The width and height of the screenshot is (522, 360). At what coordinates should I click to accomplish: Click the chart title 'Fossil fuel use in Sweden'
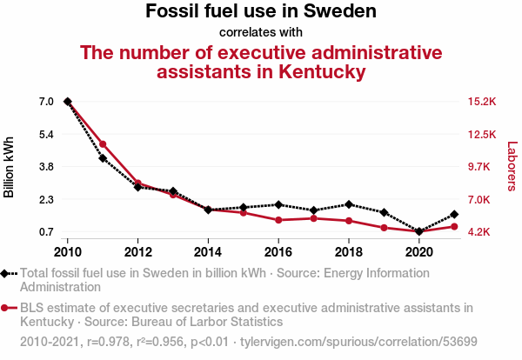[x=261, y=10]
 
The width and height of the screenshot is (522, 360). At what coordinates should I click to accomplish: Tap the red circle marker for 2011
[x=103, y=144]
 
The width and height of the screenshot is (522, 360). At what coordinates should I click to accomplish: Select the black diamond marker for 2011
[x=103, y=158]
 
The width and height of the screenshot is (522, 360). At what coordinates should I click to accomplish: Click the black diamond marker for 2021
[x=454, y=215]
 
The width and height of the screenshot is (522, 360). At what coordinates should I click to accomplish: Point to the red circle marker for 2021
[x=454, y=227]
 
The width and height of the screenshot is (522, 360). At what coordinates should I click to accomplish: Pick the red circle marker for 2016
[x=278, y=220]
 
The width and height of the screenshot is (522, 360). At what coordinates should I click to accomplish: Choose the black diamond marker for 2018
[x=349, y=204]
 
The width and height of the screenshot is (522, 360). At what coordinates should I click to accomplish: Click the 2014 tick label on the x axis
[x=208, y=252]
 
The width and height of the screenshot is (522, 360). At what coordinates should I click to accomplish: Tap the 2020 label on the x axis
[x=418, y=252]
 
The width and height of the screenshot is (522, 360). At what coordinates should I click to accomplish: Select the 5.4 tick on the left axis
[x=47, y=135]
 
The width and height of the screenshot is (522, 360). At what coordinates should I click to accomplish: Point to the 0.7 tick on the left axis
[x=47, y=231]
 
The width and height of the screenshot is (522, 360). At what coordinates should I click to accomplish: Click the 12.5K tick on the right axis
[x=482, y=135]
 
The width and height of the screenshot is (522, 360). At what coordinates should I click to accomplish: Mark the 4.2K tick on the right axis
[x=478, y=231]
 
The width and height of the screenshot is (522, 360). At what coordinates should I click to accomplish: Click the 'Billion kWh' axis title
[x=9, y=167]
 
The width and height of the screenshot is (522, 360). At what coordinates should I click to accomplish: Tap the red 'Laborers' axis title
[x=512, y=166]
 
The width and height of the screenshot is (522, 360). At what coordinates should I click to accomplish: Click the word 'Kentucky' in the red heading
[x=322, y=72]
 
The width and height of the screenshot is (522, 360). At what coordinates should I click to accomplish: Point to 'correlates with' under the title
[x=261, y=32]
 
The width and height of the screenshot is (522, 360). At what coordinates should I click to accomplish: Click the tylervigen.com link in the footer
[x=358, y=342]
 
